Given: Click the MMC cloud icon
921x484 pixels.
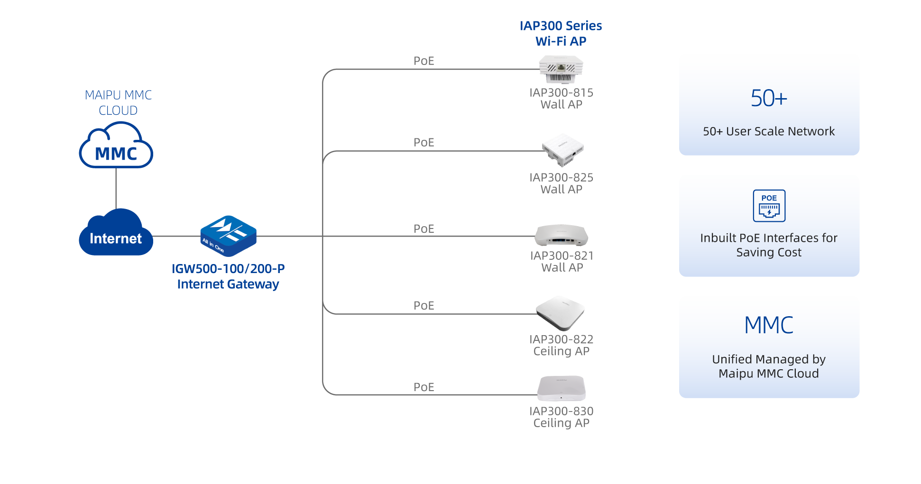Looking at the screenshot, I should click(116, 146).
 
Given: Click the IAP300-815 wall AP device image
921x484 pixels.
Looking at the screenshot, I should click(561, 69).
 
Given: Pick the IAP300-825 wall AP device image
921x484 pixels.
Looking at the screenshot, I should click(563, 150).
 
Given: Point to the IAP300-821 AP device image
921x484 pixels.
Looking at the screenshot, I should click(562, 236).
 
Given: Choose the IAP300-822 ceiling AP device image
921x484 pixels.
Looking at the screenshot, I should click(561, 313).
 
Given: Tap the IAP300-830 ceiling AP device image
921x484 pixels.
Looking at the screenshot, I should click(562, 389).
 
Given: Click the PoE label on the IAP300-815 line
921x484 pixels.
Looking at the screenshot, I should click(424, 61).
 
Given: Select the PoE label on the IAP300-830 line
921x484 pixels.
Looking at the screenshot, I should click(424, 387).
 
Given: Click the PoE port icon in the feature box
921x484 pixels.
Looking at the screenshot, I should click(769, 206).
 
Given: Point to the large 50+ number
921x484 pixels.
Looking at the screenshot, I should click(769, 99).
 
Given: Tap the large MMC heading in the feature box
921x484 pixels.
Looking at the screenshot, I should click(769, 326).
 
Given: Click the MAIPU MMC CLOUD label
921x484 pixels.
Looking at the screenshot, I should click(118, 103).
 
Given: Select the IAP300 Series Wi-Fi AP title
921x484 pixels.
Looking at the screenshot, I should click(561, 34).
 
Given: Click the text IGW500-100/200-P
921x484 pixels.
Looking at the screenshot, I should click(228, 269).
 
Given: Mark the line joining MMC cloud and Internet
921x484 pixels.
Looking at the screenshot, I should click(116, 189).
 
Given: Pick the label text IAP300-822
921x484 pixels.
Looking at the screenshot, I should click(562, 339).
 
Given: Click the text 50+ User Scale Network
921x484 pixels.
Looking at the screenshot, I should click(769, 131).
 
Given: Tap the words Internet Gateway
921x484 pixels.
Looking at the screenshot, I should click(228, 284).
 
